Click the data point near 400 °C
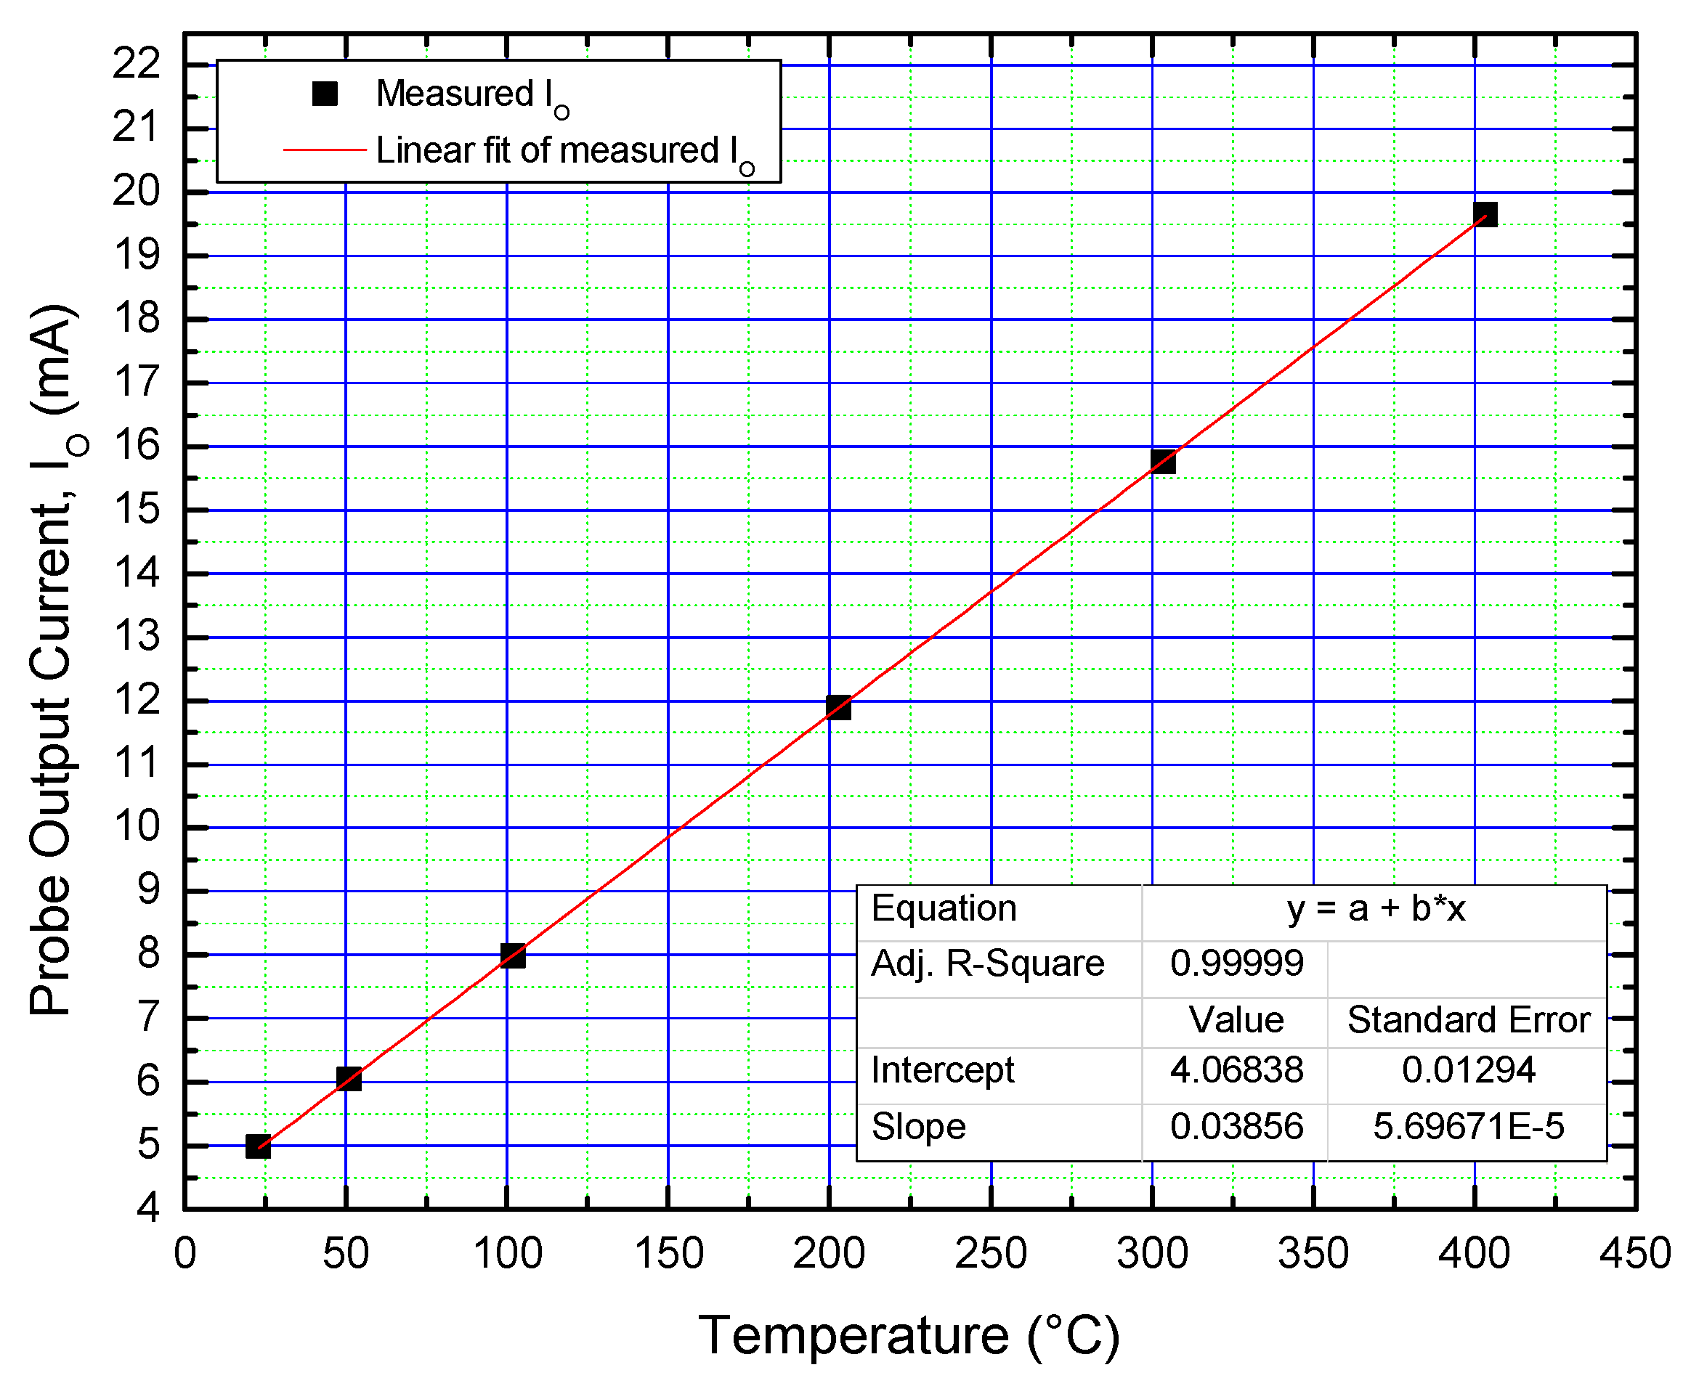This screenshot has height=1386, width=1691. point(1484,214)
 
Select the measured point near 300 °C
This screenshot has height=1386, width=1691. point(1163,462)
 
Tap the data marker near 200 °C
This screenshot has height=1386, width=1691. point(838,707)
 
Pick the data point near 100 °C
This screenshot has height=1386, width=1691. point(513,955)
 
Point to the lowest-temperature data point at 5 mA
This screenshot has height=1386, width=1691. point(258,1146)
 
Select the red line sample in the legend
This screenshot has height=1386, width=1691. point(324,150)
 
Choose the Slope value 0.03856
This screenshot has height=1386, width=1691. point(1236,1127)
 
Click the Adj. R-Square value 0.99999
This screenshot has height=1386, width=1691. point(1236,963)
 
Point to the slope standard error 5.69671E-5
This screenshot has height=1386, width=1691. point(1467,1127)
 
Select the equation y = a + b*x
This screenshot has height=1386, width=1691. point(1376,908)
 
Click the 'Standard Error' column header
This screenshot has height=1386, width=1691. point(1468,1019)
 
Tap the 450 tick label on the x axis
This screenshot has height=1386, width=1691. point(1634,1253)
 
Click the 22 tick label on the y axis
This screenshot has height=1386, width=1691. point(136,63)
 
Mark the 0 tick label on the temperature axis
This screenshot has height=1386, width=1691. point(184,1253)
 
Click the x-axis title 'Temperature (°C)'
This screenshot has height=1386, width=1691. point(909,1335)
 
